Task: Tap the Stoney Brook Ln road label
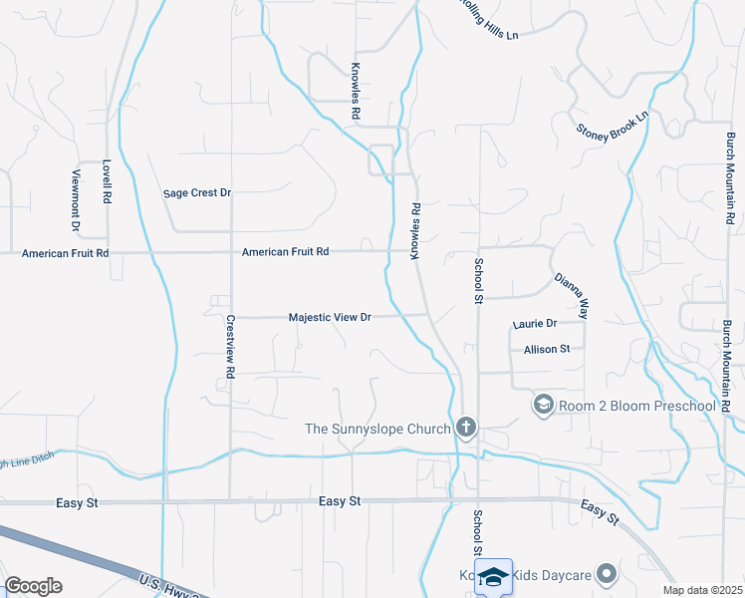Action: coord(613,124)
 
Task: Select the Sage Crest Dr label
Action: coord(197,192)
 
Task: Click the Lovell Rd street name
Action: coord(107,182)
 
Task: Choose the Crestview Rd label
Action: coord(230,347)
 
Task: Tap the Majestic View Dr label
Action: coord(330,317)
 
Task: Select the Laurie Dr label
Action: coord(535,324)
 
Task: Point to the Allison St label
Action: coord(547,349)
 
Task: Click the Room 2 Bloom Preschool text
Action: coord(637,405)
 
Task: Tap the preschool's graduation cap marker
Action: coord(544,404)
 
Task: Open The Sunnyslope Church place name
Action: coord(377,430)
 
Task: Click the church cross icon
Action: coord(465,429)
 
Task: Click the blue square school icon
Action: coord(494,576)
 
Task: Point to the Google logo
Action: coord(33,586)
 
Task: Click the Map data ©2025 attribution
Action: coord(703,590)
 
